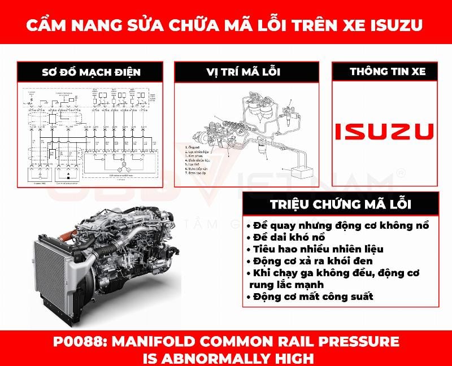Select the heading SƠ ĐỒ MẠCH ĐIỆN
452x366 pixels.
coord(91,72)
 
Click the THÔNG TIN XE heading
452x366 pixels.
coord(388,72)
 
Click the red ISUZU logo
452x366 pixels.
coord(384,131)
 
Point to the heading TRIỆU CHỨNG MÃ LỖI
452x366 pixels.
coord(340,204)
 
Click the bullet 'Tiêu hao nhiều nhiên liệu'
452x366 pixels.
coord(315,249)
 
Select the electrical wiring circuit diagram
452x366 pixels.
coord(91,134)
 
